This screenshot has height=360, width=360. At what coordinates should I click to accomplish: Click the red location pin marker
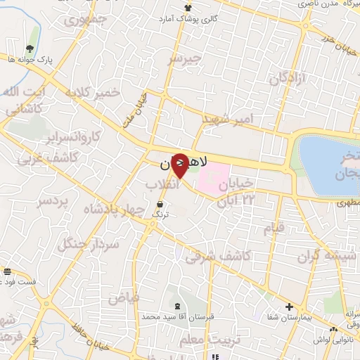180,166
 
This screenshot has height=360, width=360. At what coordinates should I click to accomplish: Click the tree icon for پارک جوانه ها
30,49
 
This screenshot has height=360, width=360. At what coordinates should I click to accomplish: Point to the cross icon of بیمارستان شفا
289,307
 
